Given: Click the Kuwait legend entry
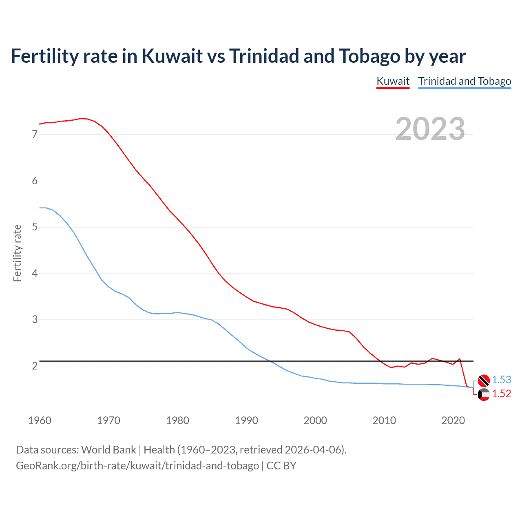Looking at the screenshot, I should click(x=393, y=81).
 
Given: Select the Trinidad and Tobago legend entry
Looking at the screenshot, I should click(x=464, y=81).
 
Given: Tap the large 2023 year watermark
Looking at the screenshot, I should click(x=430, y=129).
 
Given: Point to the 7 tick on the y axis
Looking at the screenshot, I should click(x=35, y=134).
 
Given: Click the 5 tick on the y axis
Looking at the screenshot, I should click(x=35, y=227).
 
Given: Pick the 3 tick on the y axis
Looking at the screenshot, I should click(x=35, y=319).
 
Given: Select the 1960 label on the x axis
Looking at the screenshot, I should click(x=40, y=420).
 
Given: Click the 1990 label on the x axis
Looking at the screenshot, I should click(x=246, y=420).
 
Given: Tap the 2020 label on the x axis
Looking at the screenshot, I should click(x=453, y=420).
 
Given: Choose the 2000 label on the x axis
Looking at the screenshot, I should click(x=315, y=420).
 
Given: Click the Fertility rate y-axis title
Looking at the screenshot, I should click(x=17, y=253).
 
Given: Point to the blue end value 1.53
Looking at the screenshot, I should click(x=501, y=380).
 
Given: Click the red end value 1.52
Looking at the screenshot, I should click(x=501, y=394).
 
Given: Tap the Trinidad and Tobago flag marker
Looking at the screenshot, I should click(x=484, y=380).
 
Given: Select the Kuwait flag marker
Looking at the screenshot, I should click(x=484, y=394).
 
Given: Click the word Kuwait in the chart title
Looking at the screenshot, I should click(x=172, y=56).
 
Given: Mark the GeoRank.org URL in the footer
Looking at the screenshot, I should click(x=137, y=466).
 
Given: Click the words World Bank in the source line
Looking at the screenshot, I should click(x=108, y=450).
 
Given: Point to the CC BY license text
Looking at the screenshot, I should click(x=281, y=466).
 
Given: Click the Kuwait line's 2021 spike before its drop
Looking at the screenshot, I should click(x=460, y=359).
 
